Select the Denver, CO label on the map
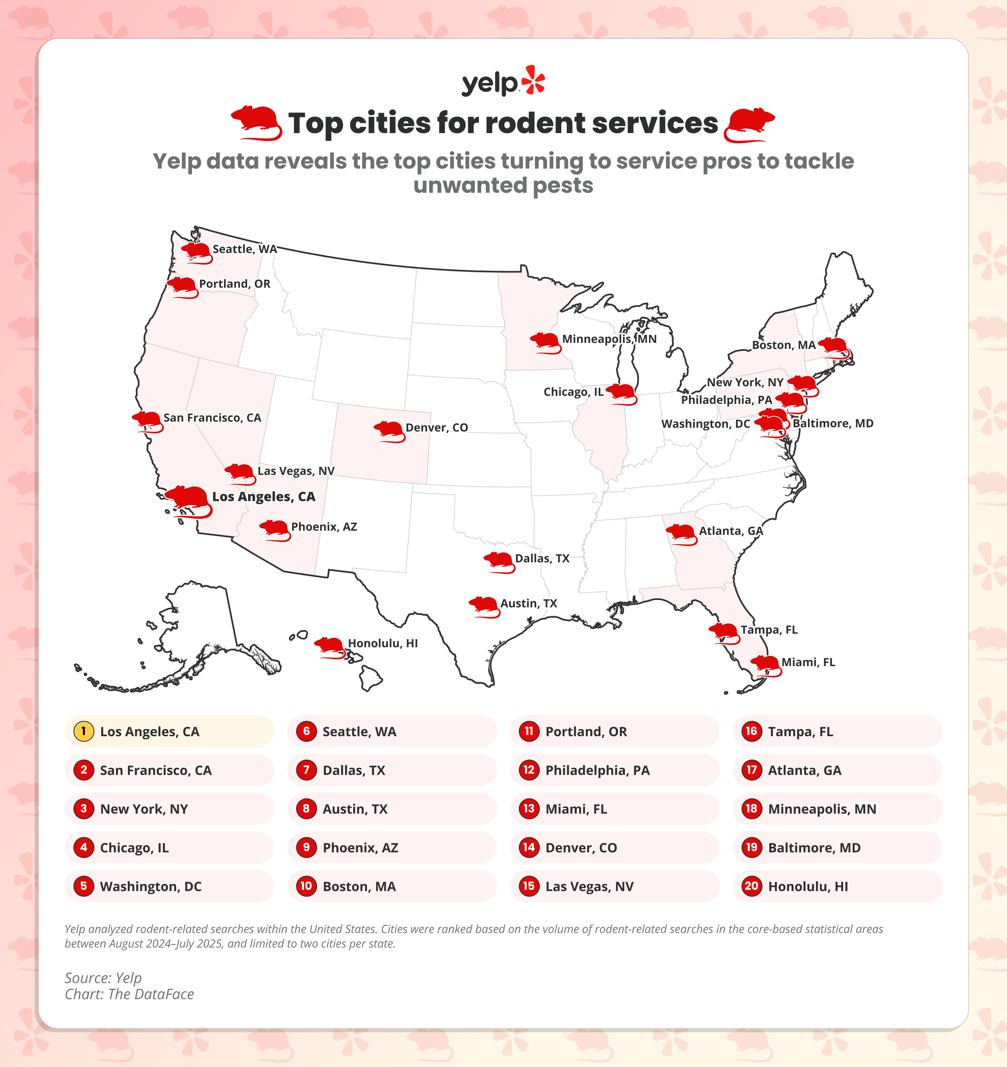pyautogui.click(x=437, y=428)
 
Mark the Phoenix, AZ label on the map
pyautogui.click(x=324, y=527)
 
